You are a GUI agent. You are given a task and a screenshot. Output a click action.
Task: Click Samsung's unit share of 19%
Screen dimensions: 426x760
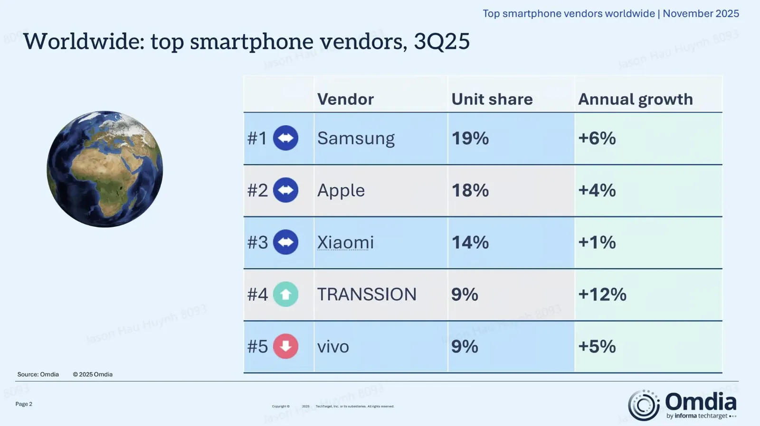click(470, 139)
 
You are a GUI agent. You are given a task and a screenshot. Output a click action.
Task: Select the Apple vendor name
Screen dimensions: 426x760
click(341, 191)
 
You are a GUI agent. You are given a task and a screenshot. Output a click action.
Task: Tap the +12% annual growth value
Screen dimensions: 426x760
click(602, 295)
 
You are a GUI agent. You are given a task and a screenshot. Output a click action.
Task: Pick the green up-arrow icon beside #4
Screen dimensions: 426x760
click(285, 295)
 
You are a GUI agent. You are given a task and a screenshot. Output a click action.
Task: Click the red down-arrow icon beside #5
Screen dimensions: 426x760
click(285, 346)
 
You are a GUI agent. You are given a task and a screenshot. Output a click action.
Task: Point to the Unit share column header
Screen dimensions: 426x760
click(492, 99)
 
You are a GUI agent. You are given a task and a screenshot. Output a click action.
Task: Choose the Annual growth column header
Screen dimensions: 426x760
click(635, 99)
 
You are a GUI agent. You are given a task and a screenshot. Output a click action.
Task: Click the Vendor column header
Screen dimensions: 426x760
click(345, 99)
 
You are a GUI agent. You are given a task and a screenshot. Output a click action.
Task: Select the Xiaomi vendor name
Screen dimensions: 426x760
click(345, 242)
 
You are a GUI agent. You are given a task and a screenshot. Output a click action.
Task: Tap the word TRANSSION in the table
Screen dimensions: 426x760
click(367, 295)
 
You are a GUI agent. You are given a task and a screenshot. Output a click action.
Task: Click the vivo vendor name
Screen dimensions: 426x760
click(333, 347)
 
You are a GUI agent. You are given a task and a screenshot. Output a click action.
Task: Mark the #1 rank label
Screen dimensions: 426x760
click(257, 139)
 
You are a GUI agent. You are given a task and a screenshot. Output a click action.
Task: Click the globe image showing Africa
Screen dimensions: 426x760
click(105, 169)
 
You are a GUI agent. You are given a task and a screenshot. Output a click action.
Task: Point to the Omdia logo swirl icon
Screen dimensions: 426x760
click(644, 405)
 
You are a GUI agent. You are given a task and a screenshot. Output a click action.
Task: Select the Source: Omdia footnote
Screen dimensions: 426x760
click(38, 374)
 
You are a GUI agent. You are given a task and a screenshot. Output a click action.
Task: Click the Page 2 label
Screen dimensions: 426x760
click(24, 404)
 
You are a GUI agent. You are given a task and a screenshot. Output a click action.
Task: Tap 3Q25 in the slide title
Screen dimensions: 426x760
click(441, 41)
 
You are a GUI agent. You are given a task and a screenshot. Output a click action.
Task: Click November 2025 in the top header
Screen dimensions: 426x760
click(701, 13)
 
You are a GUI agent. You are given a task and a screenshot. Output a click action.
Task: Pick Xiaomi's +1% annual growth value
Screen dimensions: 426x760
click(597, 242)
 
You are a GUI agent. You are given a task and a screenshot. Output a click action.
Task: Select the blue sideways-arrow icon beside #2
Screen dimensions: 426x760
click(285, 190)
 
